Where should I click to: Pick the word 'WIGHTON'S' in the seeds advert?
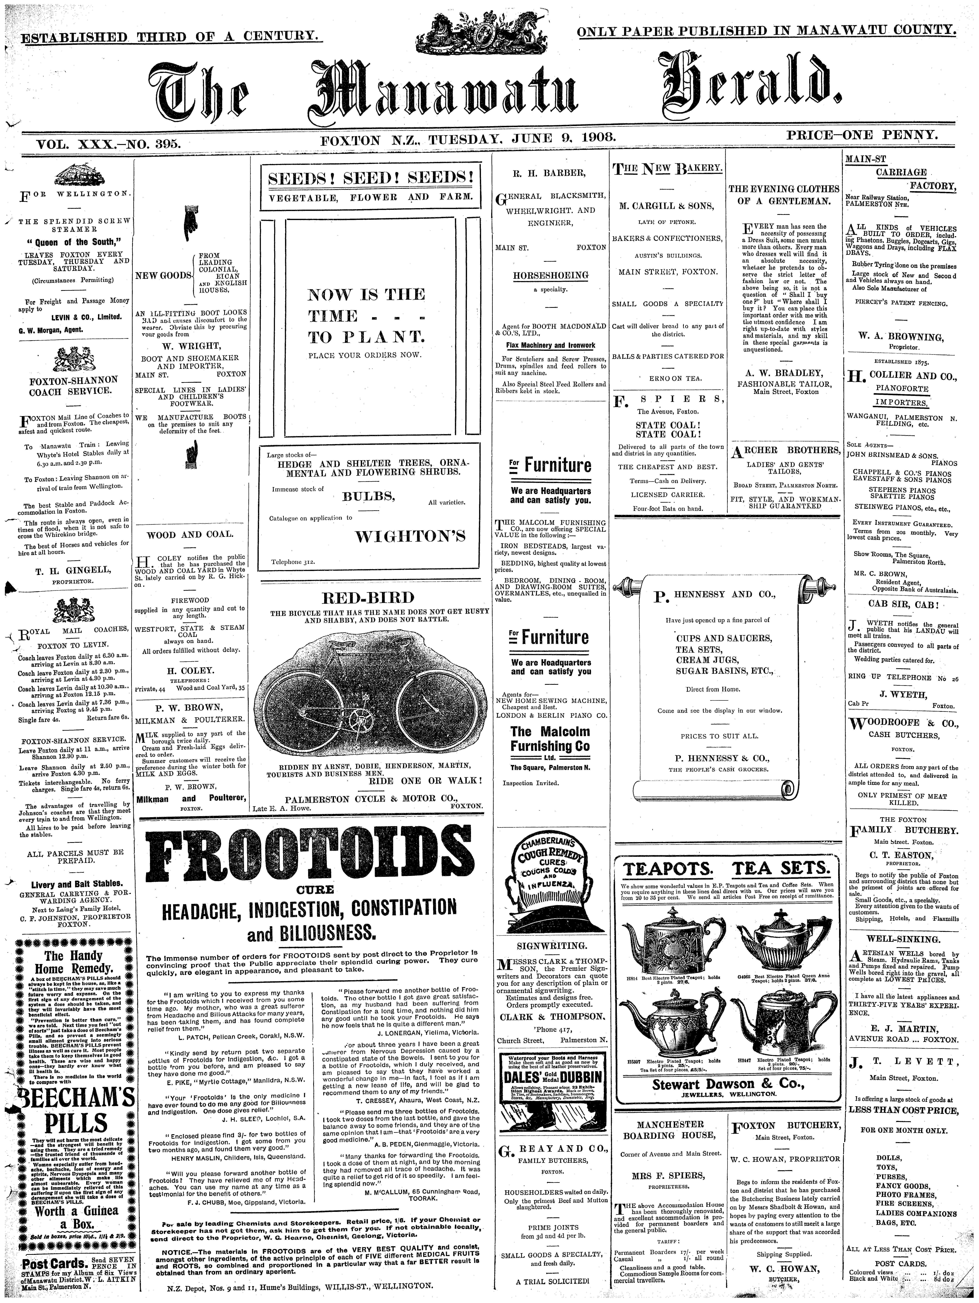410,536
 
